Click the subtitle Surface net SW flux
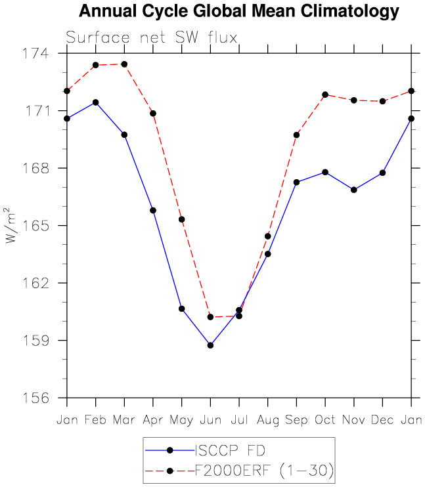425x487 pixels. click(152, 37)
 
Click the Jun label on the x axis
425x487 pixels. click(210, 419)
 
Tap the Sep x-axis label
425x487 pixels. click(296, 419)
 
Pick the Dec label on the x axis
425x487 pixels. click(382, 419)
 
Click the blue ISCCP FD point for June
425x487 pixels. click(210, 345)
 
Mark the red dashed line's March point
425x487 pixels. click(124, 64)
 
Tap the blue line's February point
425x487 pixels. click(96, 102)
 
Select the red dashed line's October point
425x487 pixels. click(325, 95)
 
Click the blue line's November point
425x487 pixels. click(354, 190)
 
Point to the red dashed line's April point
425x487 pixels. click(153, 114)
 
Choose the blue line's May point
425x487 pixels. click(181, 308)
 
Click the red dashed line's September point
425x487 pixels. click(296, 135)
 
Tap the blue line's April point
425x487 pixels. click(153, 210)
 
